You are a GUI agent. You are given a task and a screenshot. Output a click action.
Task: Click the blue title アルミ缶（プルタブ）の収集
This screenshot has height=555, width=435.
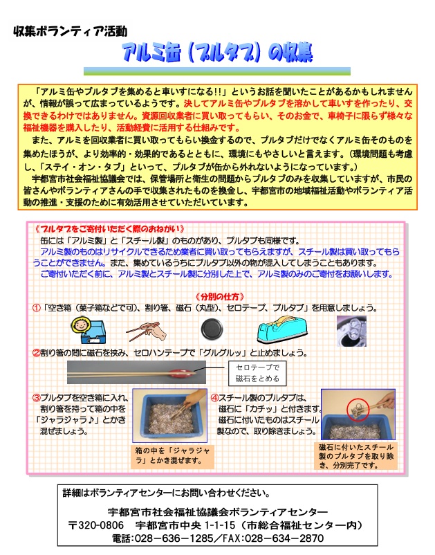pyautogui.click(x=217, y=53)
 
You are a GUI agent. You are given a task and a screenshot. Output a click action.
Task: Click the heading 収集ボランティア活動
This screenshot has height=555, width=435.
pyautogui.click(x=70, y=31)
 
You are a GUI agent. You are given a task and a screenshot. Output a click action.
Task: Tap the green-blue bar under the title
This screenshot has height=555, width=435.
pyautogui.click(x=216, y=71)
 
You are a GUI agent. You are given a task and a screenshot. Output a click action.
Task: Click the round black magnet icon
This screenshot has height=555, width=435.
pyautogui.click(x=212, y=330)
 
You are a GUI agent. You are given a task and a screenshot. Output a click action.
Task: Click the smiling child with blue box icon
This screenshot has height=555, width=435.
pyautogui.click(x=89, y=330)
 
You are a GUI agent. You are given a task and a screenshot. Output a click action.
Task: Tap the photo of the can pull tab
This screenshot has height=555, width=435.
pyautogui.click(x=351, y=331)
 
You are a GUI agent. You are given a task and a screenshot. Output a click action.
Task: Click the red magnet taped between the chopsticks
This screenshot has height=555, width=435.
pyautogui.click(x=181, y=372)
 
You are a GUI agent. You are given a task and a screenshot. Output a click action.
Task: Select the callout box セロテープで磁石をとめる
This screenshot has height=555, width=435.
pyautogui.click(x=257, y=373)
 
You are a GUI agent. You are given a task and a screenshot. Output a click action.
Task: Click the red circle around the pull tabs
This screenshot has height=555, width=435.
pyautogui.click(x=358, y=410)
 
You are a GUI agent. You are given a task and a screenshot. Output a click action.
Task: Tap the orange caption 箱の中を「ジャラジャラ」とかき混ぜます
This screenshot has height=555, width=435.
pyautogui.click(x=173, y=455)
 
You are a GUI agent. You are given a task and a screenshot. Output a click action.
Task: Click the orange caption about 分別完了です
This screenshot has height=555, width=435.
pyautogui.click(x=355, y=456)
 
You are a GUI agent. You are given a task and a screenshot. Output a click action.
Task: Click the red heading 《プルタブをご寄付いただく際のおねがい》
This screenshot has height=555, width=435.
pyautogui.click(x=110, y=229)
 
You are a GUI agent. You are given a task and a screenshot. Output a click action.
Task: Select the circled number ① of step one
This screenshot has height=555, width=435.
pyautogui.click(x=37, y=308)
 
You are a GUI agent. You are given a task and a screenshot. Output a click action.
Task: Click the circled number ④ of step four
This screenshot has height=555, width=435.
pyautogui.click(x=214, y=398)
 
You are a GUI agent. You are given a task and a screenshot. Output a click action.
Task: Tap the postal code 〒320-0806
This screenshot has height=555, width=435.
pyautogui.click(x=96, y=525)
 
